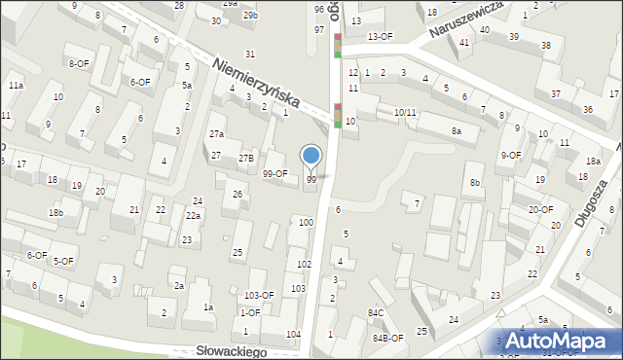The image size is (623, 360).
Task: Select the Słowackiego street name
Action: point(232,351)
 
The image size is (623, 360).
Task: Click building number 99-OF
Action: point(275,173)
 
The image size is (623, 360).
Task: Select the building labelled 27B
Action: point(246,158)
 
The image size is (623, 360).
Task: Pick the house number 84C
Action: point(376,312)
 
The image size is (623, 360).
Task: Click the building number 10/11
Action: point(404,113)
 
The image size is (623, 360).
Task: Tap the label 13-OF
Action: point(380,36)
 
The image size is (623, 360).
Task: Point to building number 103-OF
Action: point(259,295)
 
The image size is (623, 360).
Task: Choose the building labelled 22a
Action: point(194,216)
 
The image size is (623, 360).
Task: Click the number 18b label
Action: point(56,212)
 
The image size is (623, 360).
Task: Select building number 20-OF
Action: point(540,209)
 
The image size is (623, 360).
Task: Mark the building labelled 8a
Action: point(456,130)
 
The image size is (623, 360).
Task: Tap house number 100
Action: point(306,223)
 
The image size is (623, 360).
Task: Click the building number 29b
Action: point(250,16)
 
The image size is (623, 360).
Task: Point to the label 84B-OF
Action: point(386,338)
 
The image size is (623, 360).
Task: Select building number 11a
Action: point(16,86)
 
